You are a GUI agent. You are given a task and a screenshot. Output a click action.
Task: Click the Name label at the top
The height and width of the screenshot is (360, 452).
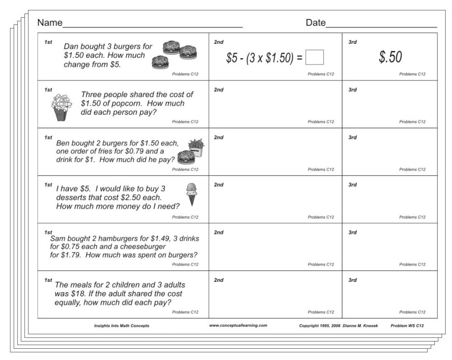pos(50,23)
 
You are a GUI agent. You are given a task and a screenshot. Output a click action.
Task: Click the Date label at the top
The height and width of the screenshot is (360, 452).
pos(315,23)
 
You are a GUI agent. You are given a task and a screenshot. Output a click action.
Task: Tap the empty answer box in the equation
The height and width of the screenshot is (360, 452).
pos(315,57)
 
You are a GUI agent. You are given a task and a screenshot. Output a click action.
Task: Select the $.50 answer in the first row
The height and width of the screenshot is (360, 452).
pos(390,57)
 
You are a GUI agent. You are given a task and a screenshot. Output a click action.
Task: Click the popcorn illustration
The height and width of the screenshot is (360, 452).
pos(61,107)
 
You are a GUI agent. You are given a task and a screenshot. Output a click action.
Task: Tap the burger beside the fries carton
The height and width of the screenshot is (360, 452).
pos(186,157)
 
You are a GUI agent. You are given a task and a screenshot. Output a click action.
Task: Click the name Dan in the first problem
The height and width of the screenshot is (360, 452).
pos(71,47)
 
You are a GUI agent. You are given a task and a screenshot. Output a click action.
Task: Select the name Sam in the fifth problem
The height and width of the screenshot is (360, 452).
pos(58,238)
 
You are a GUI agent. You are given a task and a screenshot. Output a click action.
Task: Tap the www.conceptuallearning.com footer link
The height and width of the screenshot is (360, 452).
pos(238,325)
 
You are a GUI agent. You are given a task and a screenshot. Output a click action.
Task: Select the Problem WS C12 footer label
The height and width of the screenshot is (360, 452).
pos(407,326)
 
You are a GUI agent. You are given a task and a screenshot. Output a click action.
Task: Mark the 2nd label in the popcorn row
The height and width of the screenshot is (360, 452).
pos(219,90)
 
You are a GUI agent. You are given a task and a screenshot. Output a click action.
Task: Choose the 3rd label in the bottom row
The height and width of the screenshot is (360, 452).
pos(353,280)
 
